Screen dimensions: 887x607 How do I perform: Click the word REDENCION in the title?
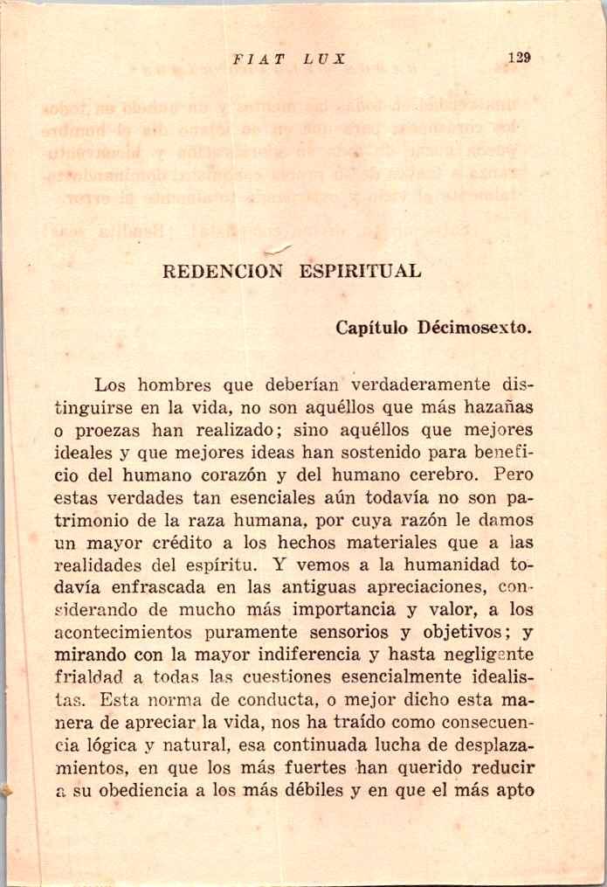tap(224, 271)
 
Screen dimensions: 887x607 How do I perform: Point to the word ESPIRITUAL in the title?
tap(361, 271)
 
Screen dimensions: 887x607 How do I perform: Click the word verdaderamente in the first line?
tap(422, 384)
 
